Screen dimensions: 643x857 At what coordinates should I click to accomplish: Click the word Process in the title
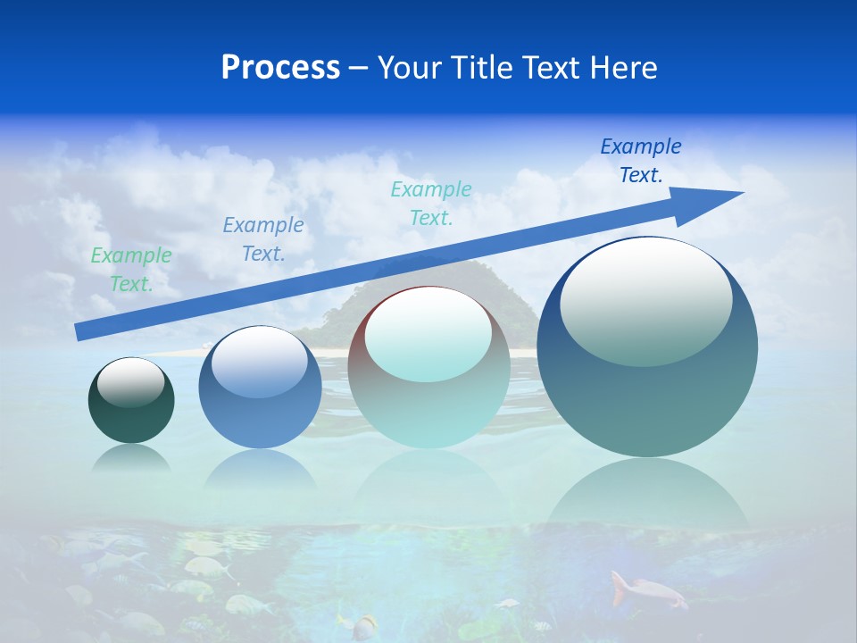(280, 68)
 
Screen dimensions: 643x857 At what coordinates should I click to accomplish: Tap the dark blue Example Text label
(641, 161)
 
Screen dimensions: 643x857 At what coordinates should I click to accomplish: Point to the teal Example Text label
(431, 203)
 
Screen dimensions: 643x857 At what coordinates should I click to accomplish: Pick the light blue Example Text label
(263, 238)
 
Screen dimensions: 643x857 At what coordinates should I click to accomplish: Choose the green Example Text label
(131, 269)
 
